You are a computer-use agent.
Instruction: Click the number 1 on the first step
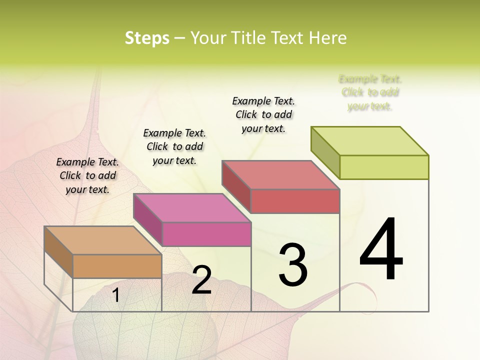(116, 295)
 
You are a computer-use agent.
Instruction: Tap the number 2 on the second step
(201, 280)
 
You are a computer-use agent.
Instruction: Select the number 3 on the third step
(293, 265)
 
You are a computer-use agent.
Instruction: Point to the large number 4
(381, 249)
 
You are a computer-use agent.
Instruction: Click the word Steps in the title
(147, 38)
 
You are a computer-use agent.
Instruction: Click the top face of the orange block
(102, 240)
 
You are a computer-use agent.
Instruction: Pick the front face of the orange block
(117, 266)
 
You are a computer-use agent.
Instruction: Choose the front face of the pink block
(206, 234)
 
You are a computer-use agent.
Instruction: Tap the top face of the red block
(281, 175)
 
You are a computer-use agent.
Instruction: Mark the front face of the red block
(295, 201)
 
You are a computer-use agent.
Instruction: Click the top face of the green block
(370, 141)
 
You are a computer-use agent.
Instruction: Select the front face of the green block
(384, 167)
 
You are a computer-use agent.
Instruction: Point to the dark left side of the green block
(325, 152)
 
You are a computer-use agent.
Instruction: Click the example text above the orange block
(87, 175)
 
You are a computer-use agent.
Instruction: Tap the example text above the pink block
(174, 146)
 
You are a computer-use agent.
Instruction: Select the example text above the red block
(263, 114)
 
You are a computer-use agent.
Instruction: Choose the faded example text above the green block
(370, 92)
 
